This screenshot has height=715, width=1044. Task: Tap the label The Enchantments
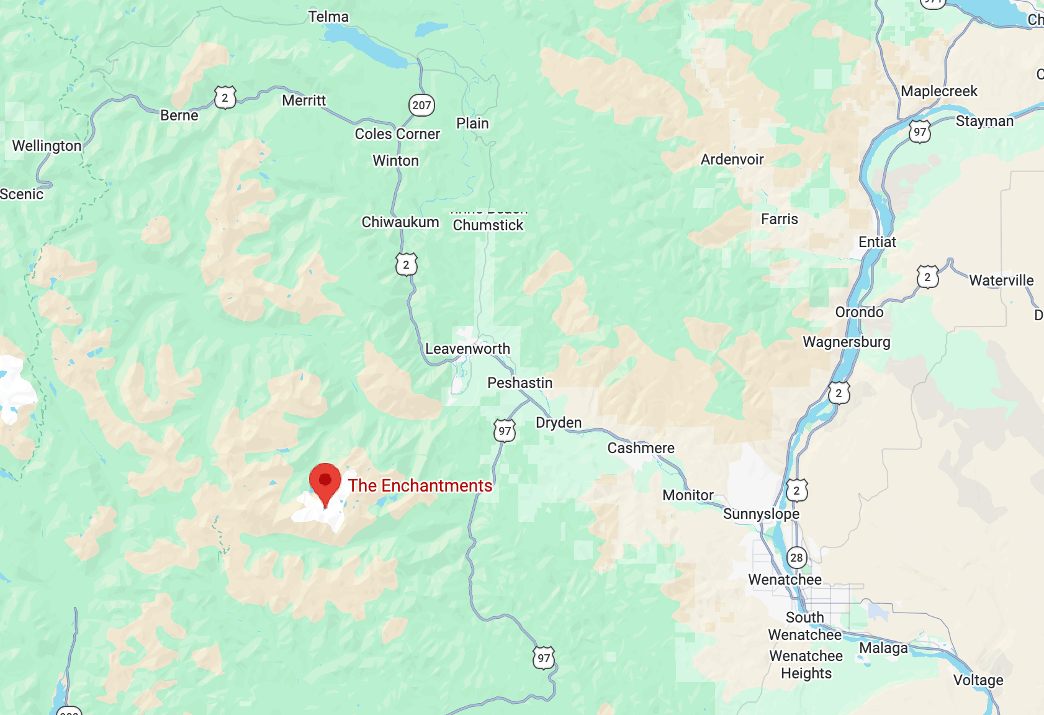(420, 485)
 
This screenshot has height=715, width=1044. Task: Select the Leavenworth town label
(467, 349)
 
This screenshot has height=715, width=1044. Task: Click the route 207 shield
(421, 105)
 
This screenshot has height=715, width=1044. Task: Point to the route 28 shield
(796, 557)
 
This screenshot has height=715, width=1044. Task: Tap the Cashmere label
(641, 448)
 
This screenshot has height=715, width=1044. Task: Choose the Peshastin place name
(520, 383)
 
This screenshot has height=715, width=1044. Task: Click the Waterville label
(1001, 281)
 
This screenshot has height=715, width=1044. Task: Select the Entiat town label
(877, 242)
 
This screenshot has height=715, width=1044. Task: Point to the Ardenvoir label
(732, 160)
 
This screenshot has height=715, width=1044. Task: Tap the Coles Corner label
(397, 134)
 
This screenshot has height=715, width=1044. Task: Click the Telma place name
(328, 17)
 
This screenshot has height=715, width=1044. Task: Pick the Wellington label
(47, 146)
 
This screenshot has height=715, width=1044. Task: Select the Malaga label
(883, 648)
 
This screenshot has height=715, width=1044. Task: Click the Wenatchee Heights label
(806, 664)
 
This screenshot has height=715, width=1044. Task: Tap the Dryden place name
(559, 423)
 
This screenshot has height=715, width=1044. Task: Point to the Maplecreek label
(938, 91)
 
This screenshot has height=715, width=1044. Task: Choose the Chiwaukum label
(400, 222)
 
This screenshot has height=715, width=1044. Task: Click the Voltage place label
(978, 680)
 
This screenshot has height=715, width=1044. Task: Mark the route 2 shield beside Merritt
(225, 97)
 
